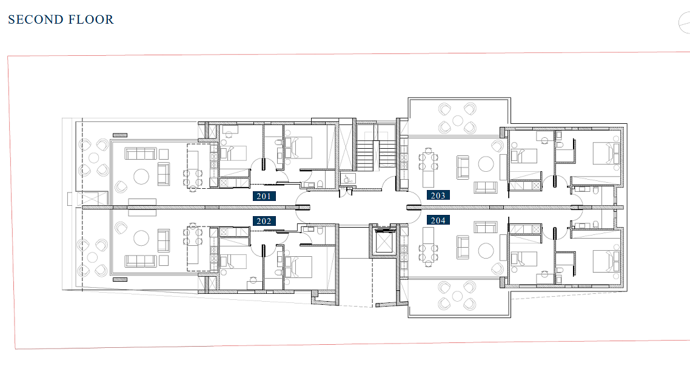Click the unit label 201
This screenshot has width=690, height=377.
pos(264,196)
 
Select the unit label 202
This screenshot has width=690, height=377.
pos(264,221)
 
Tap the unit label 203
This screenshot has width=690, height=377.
pos(438,195)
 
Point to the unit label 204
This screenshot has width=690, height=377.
pos(438,220)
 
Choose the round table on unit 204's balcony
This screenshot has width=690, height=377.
pos(458,296)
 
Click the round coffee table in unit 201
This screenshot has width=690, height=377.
pos(141,177)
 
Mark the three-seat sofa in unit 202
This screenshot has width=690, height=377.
pos(141,261)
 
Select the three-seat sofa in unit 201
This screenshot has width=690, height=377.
pos(141,154)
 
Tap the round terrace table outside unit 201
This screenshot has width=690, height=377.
pos(94,158)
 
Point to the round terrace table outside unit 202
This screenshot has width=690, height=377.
pos(92,257)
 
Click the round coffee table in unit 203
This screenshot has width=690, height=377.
pos(486,165)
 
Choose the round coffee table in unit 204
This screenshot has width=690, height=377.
pos(486,251)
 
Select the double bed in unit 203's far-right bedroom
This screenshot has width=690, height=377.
pos(606,153)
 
